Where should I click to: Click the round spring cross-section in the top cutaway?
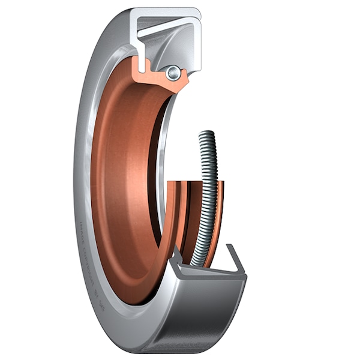[x=173, y=73]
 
